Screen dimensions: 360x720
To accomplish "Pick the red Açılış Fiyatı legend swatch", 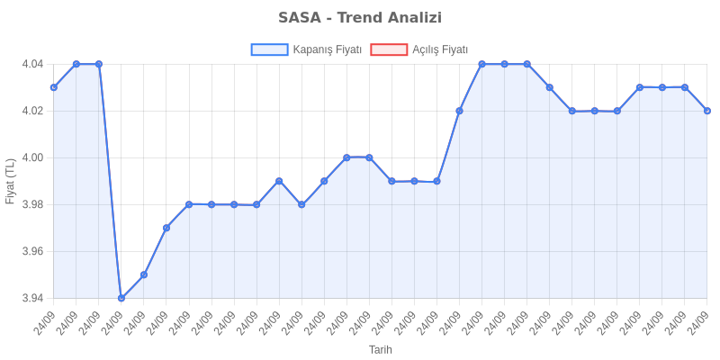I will (x=388, y=49).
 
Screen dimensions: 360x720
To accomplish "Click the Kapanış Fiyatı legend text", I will (x=327, y=49).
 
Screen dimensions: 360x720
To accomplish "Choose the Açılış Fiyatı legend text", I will (x=440, y=49).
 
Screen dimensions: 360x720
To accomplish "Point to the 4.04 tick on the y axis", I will (x=32, y=65).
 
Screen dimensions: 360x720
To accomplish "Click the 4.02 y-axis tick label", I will (x=32, y=112).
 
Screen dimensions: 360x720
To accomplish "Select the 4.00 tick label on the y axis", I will (x=32, y=158).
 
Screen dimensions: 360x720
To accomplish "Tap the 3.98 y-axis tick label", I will (x=32, y=205).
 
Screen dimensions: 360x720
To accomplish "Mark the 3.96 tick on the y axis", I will (x=32, y=252).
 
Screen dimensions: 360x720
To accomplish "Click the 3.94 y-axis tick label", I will (x=32, y=298).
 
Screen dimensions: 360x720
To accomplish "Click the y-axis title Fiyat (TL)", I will (x=11, y=181).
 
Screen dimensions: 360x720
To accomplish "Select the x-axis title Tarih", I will (x=381, y=349).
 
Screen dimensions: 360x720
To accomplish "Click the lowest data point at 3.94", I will (x=121, y=298).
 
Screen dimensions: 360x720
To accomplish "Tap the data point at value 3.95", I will (x=144, y=274).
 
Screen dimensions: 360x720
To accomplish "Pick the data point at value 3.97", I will (x=166, y=228).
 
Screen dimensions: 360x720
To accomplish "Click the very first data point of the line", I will (x=54, y=87).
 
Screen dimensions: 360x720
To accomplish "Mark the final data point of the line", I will (x=707, y=111).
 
